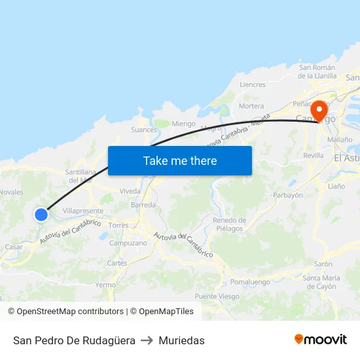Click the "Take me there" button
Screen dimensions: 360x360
click(x=180, y=160)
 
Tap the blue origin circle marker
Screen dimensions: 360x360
click(x=41, y=214)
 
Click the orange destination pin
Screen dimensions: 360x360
click(x=320, y=110)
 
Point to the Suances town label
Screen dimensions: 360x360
click(x=144, y=130)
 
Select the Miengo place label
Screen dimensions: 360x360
click(x=184, y=124)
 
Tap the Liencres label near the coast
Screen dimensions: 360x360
click(x=253, y=84)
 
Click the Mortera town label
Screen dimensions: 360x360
click(x=251, y=106)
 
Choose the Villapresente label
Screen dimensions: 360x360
click(x=83, y=211)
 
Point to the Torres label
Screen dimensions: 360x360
click(x=118, y=225)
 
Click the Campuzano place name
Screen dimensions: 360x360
click(x=128, y=243)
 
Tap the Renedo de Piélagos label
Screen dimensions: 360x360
click(x=230, y=225)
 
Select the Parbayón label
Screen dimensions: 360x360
click(x=288, y=195)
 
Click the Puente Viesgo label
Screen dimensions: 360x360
click(x=217, y=297)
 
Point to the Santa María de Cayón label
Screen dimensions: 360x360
click(x=321, y=282)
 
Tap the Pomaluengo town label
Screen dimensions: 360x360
click(x=250, y=282)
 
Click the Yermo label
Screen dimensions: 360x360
click(x=105, y=285)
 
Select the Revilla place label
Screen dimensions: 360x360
click(x=314, y=156)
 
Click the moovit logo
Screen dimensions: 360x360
click(x=321, y=340)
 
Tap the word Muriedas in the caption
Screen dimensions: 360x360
click(x=181, y=340)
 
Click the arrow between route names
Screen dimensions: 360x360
click(x=147, y=340)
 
